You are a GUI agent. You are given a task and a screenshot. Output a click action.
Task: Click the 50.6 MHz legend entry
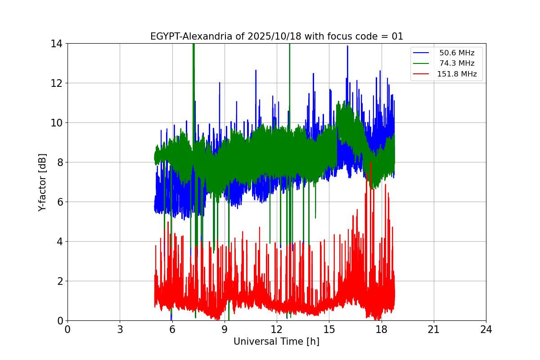(x=457, y=53)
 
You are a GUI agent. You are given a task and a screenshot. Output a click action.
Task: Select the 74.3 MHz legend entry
(x=457, y=63)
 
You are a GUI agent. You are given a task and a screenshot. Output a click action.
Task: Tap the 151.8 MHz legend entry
(x=457, y=74)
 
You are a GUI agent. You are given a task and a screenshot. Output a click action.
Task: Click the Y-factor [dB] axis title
(x=42, y=182)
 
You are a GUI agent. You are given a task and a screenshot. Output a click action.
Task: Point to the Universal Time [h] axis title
(x=276, y=342)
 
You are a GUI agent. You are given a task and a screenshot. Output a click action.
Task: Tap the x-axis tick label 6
(x=172, y=329)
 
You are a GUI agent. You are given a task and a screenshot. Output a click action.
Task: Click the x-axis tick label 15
(x=329, y=329)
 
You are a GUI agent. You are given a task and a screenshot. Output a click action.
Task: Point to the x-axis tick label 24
(x=486, y=329)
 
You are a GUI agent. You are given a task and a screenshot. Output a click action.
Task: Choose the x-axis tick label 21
(x=433, y=329)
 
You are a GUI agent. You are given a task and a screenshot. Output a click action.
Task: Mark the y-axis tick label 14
(x=57, y=44)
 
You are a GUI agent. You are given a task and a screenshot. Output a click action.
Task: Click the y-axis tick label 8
(x=59, y=162)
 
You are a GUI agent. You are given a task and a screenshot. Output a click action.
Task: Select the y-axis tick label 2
(x=59, y=281)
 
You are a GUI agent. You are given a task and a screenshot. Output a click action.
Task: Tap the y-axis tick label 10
(x=57, y=123)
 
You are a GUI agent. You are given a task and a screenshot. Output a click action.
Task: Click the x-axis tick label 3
(x=120, y=329)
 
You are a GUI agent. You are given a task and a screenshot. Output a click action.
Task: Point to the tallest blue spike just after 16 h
(x=347, y=46)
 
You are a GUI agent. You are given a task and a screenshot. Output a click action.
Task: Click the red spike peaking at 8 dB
(x=370, y=163)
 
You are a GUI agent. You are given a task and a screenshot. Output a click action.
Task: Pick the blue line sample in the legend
(x=422, y=53)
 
